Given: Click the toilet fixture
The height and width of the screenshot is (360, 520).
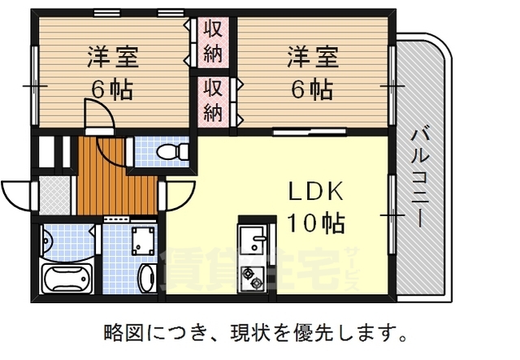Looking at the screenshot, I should point(170,152).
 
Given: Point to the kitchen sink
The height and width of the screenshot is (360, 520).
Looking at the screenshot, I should point(255,241).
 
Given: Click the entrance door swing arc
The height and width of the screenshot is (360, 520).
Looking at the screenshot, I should point(19,193).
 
